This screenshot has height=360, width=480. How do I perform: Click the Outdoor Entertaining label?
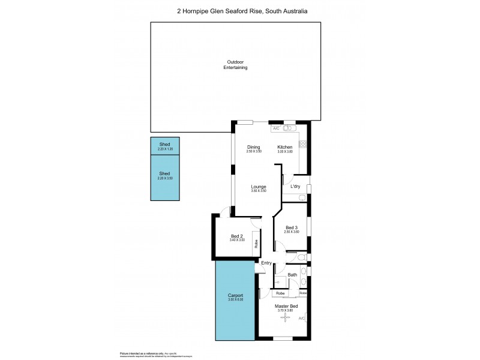[236, 65]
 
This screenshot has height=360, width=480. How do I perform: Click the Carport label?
[235, 297]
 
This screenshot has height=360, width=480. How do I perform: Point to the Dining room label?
[254, 147]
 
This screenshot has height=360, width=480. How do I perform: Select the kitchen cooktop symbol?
[303, 144]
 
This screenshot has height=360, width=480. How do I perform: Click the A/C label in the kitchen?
[276, 128]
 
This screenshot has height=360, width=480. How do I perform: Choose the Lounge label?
[259, 187]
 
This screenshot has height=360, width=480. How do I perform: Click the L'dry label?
[295, 187]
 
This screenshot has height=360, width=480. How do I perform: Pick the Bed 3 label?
[292, 227]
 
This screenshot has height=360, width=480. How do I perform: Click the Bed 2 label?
[237, 236]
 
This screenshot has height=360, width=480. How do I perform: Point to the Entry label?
[266, 263]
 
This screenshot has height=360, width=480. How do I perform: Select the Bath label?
[292, 275]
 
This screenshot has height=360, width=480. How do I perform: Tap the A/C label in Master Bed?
[302, 319]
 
